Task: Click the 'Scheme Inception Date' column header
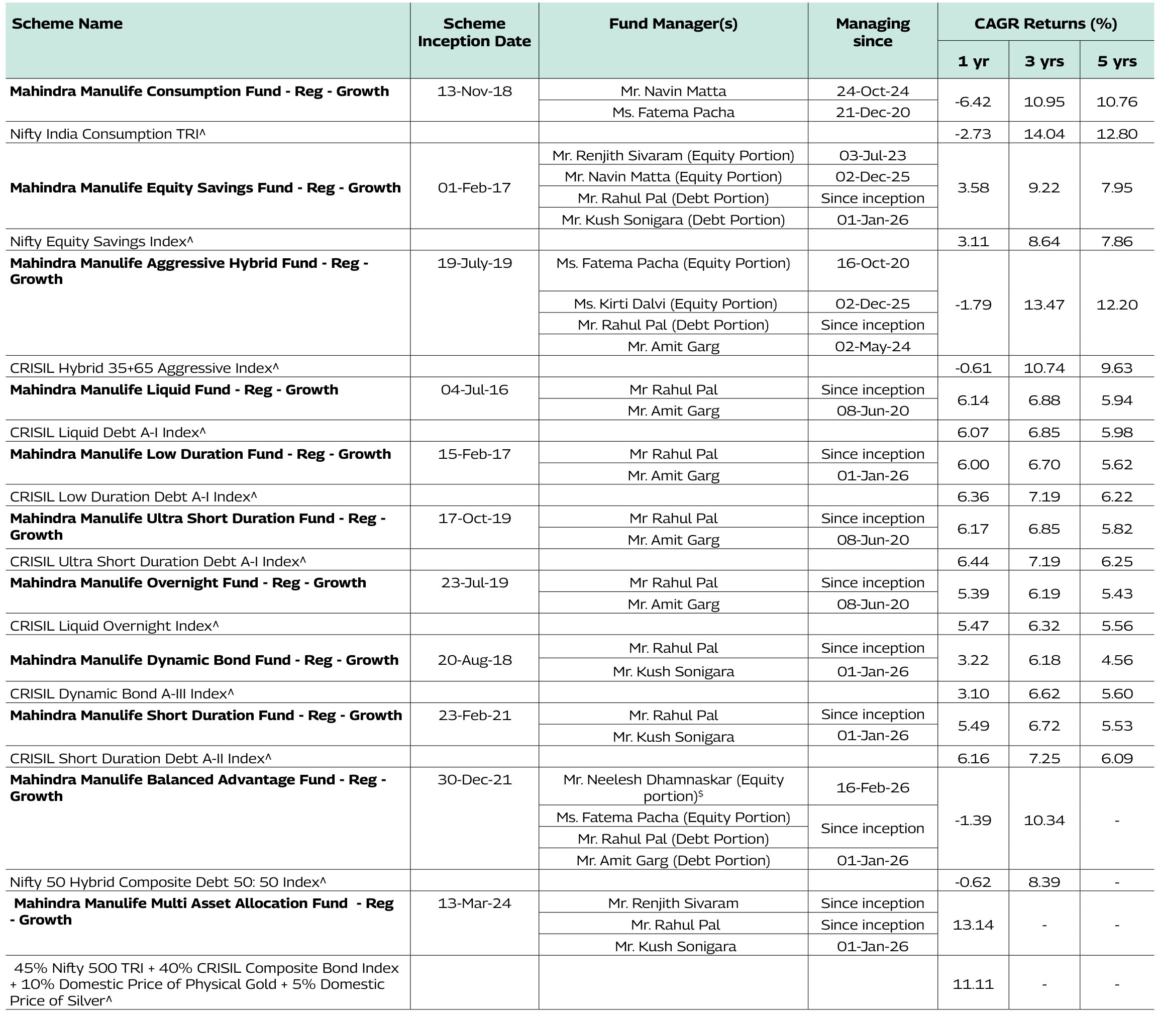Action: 474,32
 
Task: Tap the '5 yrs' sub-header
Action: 1117,61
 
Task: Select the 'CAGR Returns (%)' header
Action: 1045,23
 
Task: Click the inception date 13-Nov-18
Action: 474,91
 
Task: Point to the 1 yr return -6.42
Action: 973,102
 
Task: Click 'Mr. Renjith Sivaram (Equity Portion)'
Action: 673,155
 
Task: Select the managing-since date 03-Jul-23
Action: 872,155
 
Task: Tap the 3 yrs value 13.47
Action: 1044,304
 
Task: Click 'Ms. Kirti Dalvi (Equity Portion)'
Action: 675,303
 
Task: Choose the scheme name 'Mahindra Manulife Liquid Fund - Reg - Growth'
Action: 174,389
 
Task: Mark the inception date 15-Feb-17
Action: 474,454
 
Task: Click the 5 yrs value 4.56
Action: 1117,660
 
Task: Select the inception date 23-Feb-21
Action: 474,715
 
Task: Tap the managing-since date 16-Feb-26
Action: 872,787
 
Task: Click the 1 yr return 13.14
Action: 973,925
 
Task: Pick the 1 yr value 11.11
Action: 973,984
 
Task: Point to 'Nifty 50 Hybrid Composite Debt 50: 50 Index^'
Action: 168,882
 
